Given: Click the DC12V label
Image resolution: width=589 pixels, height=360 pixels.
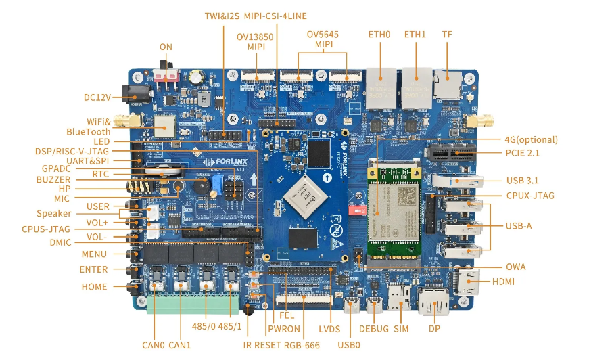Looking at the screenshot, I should [97, 97].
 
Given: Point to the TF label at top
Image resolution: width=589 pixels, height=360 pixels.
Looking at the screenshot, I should [447, 34].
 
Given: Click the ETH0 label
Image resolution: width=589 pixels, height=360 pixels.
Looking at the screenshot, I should [379, 34].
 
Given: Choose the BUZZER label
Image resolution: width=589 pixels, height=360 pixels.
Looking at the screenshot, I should [53, 179].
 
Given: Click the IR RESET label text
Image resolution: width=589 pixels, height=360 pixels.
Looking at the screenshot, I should [257, 346].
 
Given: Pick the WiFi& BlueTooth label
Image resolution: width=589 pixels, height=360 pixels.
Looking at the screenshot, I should [88, 127].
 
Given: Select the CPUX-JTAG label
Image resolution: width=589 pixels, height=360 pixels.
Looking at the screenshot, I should [530, 196].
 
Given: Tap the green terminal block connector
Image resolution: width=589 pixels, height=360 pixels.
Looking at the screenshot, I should [193, 302].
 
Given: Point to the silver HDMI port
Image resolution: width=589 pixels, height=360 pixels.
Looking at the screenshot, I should [464, 284].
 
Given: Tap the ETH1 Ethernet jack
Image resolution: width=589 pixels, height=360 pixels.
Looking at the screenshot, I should [415, 87].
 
